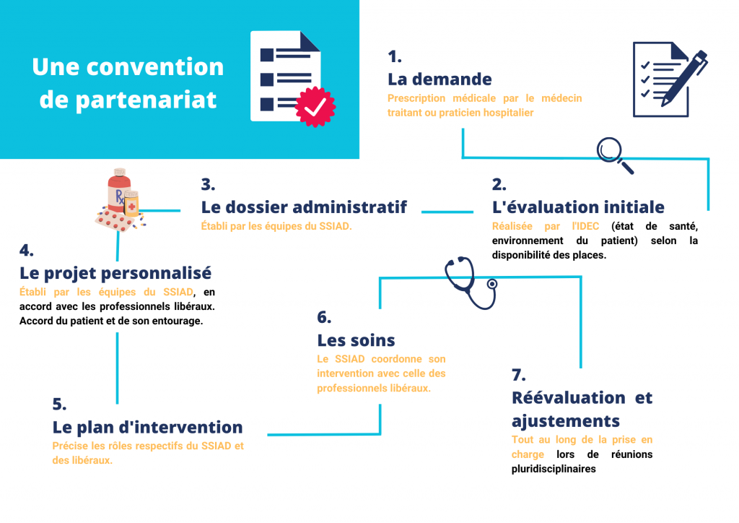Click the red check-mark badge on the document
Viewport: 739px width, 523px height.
coord(315,107)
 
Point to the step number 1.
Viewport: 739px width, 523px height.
coord(395,56)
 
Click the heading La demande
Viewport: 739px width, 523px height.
coord(440,79)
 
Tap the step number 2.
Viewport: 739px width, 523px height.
coord(499,184)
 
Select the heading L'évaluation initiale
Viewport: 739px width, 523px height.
coord(578,207)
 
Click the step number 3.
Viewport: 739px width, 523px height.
coord(208,184)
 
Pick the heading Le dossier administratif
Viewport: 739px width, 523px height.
coord(304,207)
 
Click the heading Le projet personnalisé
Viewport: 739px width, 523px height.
coord(115,274)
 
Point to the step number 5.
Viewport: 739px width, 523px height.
coord(59,405)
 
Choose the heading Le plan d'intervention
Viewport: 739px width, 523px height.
coord(147,427)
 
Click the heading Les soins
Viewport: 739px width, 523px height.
coord(356,340)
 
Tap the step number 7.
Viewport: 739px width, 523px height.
coord(518,376)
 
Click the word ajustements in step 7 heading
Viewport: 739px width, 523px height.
coord(566,421)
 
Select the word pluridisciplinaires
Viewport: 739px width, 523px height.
coord(554,470)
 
